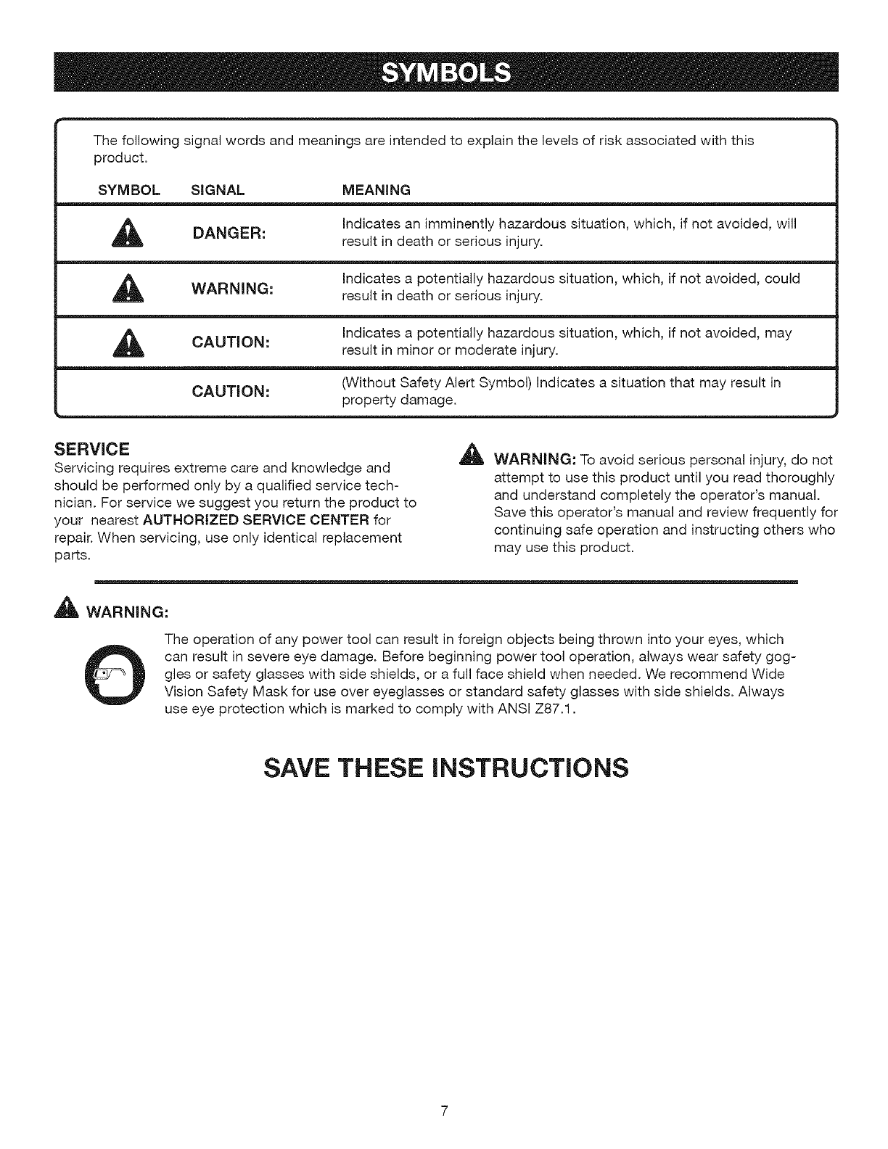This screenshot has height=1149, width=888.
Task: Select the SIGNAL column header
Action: (x=217, y=191)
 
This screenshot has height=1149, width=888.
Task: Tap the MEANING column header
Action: (x=376, y=191)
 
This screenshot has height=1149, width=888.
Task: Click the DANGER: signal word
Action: (x=230, y=234)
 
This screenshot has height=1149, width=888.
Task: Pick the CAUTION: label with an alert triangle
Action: (x=231, y=342)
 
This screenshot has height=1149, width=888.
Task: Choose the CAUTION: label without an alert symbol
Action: (x=231, y=392)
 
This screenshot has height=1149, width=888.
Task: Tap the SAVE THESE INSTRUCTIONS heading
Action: (x=444, y=767)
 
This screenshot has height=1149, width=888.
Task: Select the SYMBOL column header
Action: (x=128, y=191)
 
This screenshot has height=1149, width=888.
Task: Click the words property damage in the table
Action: (x=398, y=400)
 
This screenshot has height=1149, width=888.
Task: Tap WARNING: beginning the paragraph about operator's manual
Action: (x=535, y=461)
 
